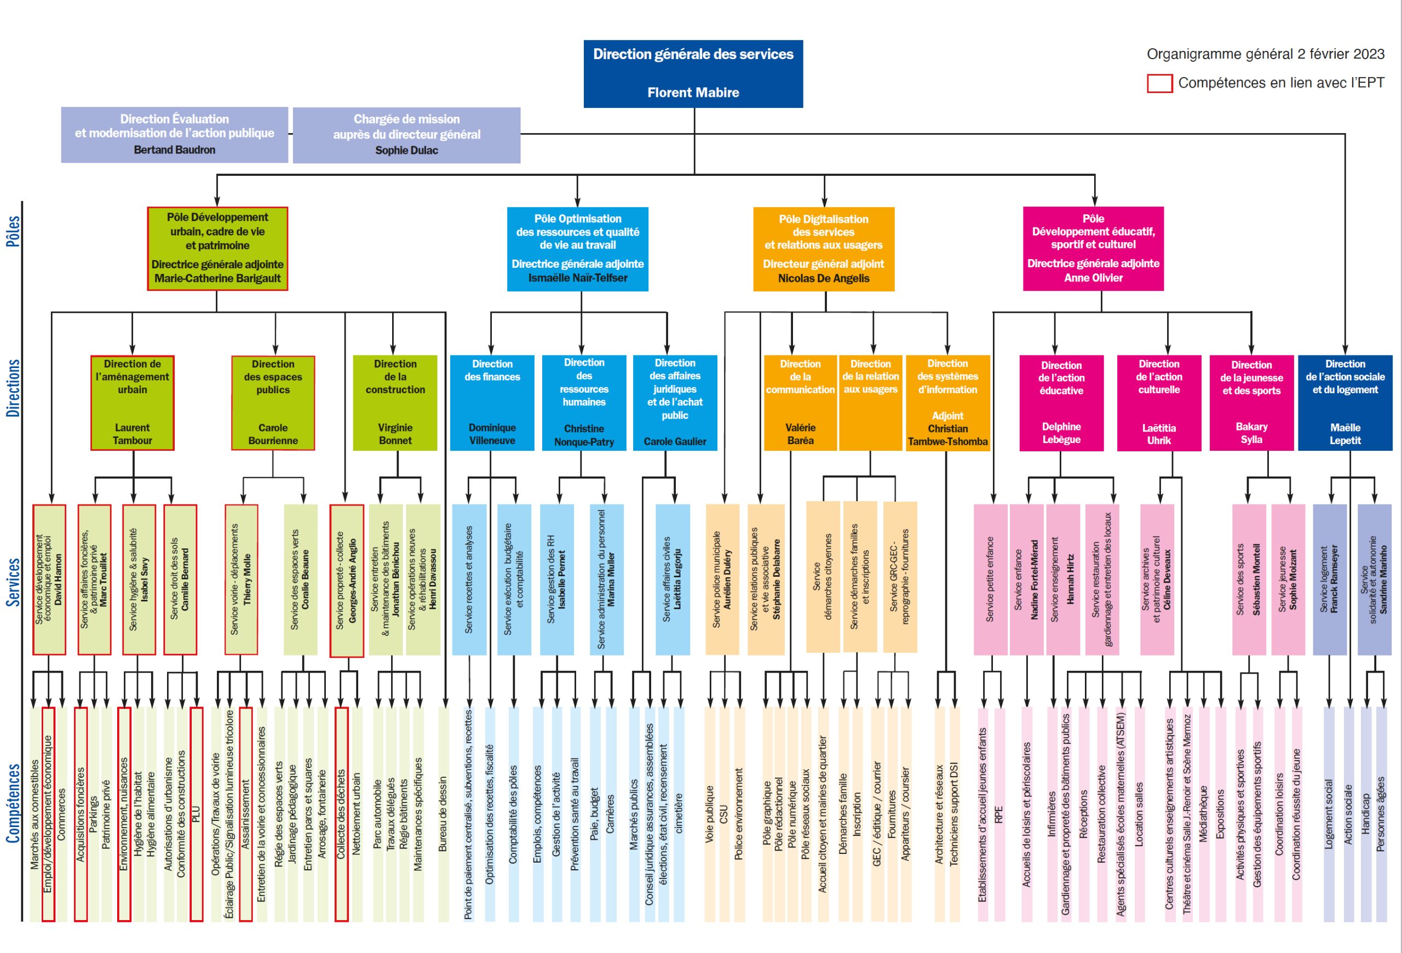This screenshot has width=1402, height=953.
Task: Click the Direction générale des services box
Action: pos(693,73)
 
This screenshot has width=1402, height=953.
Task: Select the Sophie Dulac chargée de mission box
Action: pos(406,135)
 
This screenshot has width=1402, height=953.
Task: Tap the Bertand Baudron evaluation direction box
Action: pos(174,135)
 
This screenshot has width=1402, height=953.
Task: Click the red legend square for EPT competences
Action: pos(1159,83)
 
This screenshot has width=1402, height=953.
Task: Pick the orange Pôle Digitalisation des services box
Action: pos(824,249)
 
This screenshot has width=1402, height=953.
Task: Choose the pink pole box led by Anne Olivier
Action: pos(1093,249)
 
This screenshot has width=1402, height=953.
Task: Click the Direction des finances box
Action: pos(492,403)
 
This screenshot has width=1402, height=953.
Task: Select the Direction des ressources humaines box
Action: pos(584,403)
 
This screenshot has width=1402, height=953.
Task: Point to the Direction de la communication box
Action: pos(800,403)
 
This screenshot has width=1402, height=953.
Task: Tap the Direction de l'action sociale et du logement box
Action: pos(1344,403)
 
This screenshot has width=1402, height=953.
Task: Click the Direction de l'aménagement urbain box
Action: pos(132,403)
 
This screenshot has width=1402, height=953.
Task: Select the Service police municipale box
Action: pos(722,579)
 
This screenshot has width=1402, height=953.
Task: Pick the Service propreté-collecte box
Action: pos(346,580)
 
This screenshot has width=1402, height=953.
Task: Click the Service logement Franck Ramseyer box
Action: pos(1330,579)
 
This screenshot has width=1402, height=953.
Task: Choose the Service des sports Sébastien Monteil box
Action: pos(1249,579)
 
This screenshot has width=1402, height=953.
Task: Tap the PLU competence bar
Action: pos(196,814)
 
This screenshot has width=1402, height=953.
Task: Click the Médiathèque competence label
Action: pos(1204,814)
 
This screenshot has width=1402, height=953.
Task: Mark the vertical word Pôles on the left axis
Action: pos(13,231)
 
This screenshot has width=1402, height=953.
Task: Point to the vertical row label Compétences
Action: pos(13,803)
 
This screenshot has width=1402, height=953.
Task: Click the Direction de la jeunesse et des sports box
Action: pos(1251,403)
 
